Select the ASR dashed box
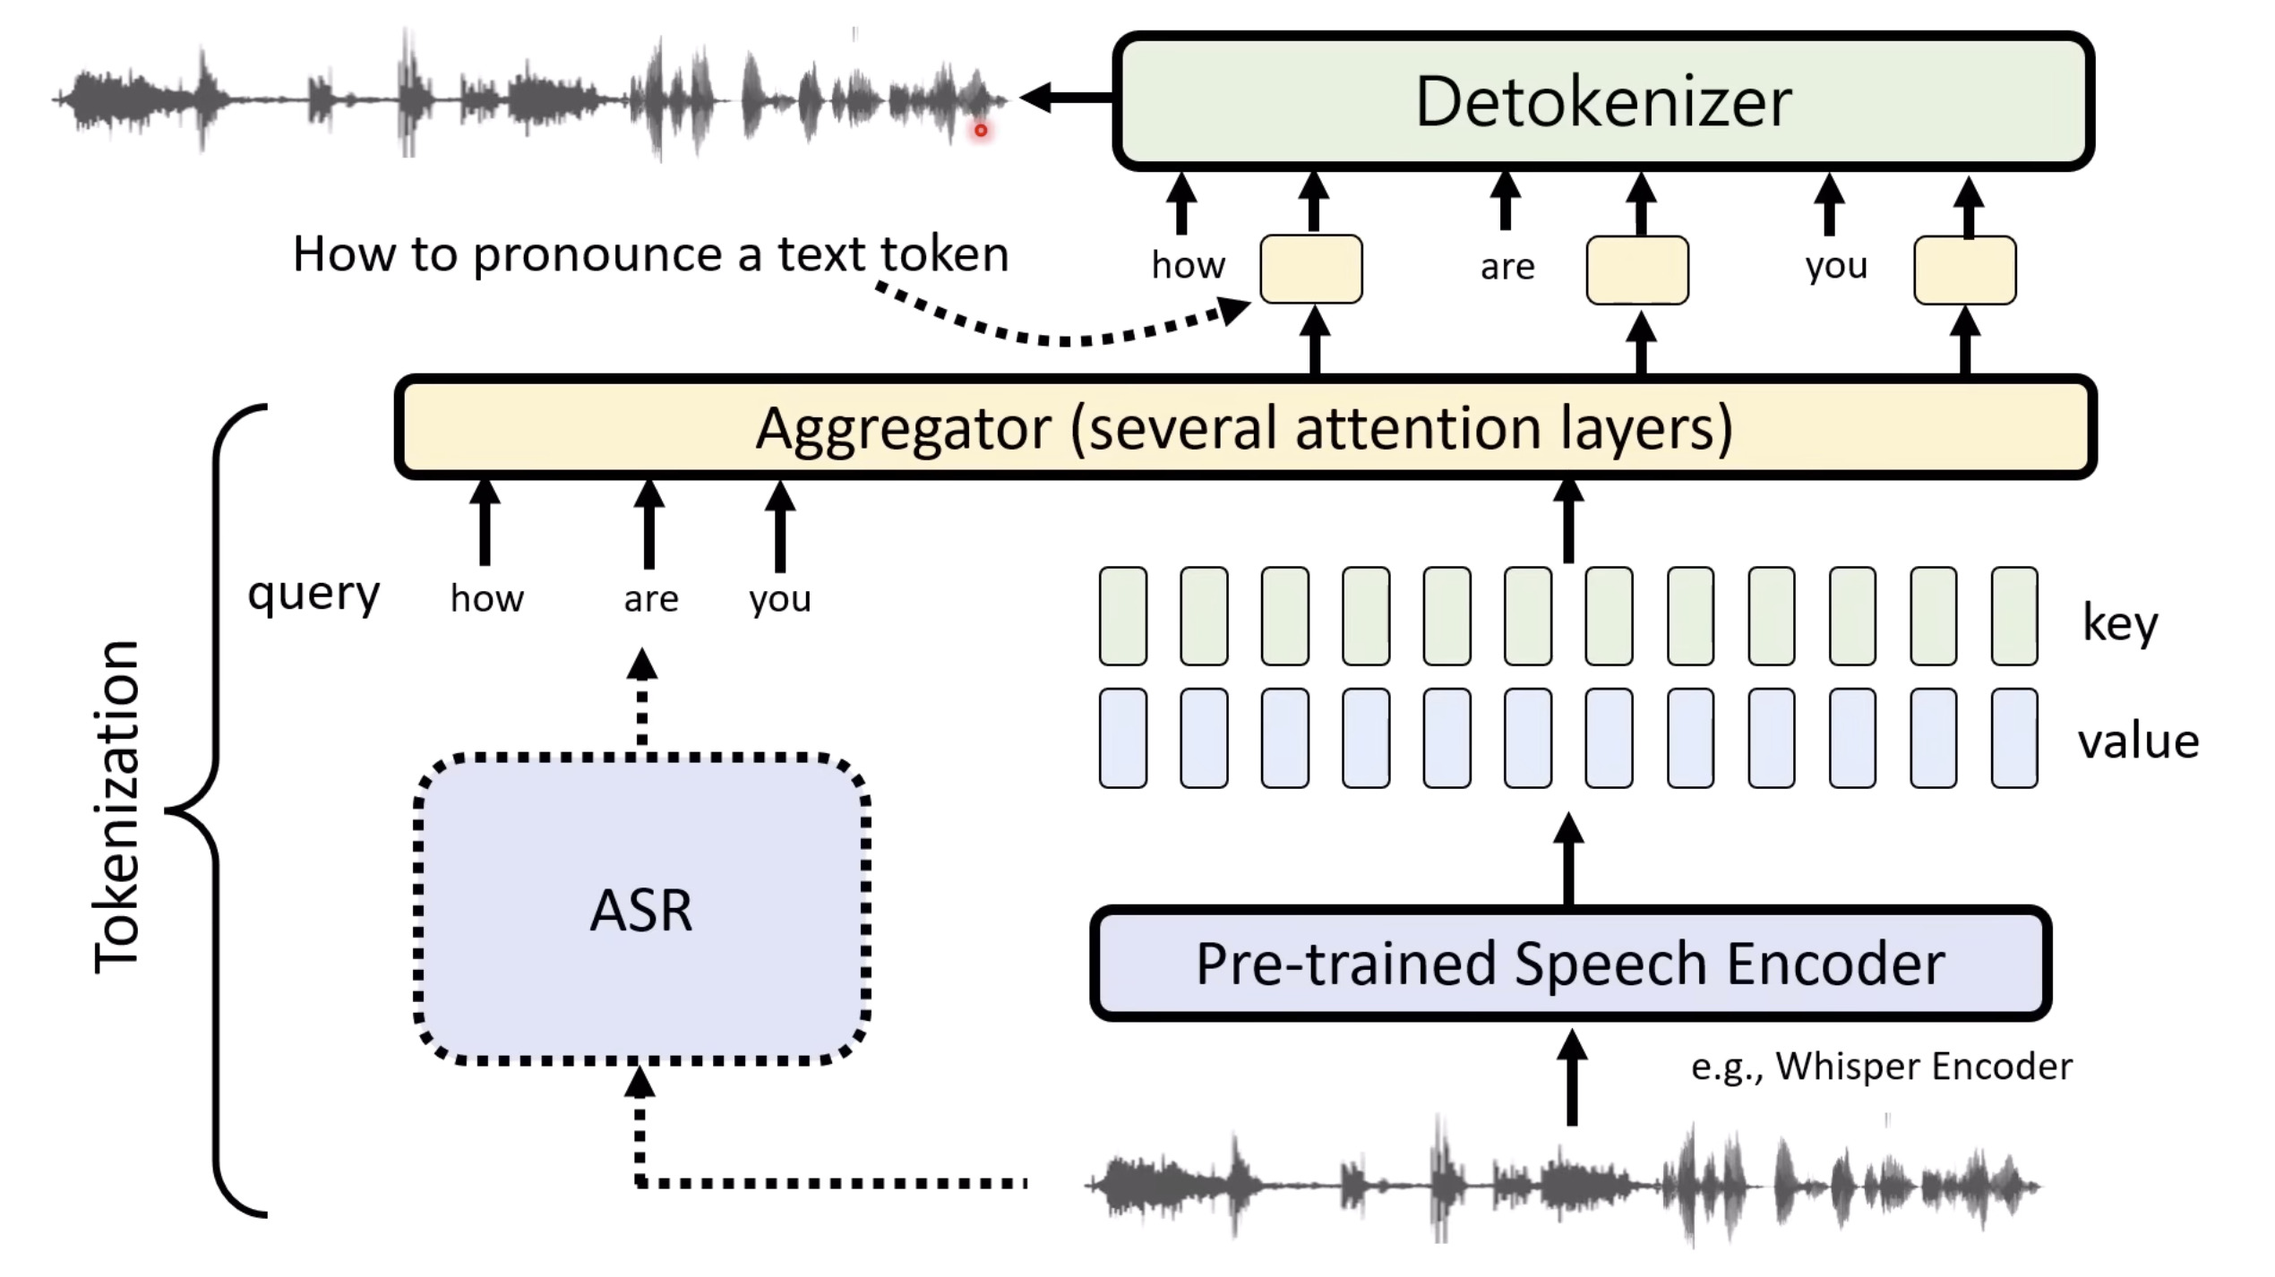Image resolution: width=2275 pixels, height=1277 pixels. pyautogui.click(x=641, y=910)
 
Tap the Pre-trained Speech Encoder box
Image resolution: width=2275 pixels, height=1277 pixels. pyautogui.click(x=1570, y=964)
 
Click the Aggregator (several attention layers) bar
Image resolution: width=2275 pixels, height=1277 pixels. pyautogui.click(x=1245, y=427)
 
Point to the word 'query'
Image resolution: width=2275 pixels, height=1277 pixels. pyautogui.click(x=313, y=595)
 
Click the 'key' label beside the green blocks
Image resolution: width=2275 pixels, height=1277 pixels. pyautogui.click(x=2119, y=622)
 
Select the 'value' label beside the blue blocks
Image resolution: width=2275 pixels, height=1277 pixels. pyautogui.click(x=2138, y=741)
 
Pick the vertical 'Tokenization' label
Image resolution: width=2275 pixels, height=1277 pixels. pyautogui.click(x=116, y=806)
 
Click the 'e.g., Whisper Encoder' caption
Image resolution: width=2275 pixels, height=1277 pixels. pyautogui.click(x=1881, y=1067)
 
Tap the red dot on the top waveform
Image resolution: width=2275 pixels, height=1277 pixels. pyautogui.click(x=981, y=131)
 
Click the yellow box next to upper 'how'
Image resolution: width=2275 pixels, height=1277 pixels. pyautogui.click(x=1311, y=269)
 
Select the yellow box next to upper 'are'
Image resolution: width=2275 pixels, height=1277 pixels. pyautogui.click(x=1637, y=270)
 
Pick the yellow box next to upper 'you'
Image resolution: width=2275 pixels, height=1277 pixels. pyautogui.click(x=1965, y=270)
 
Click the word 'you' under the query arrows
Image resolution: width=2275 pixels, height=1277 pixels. pyautogui.click(x=780, y=599)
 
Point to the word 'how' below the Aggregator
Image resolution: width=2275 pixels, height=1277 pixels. pyautogui.click(x=486, y=599)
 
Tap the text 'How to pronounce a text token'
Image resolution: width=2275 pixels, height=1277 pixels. pyautogui.click(x=650, y=254)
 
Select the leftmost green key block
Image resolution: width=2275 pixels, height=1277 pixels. pyautogui.click(x=1122, y=616)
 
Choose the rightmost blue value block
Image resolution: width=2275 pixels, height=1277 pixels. pyautogui.click(x=2014, y=738)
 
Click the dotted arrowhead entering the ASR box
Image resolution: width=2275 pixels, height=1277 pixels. pyautogui.click(x=640, y=1084)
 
